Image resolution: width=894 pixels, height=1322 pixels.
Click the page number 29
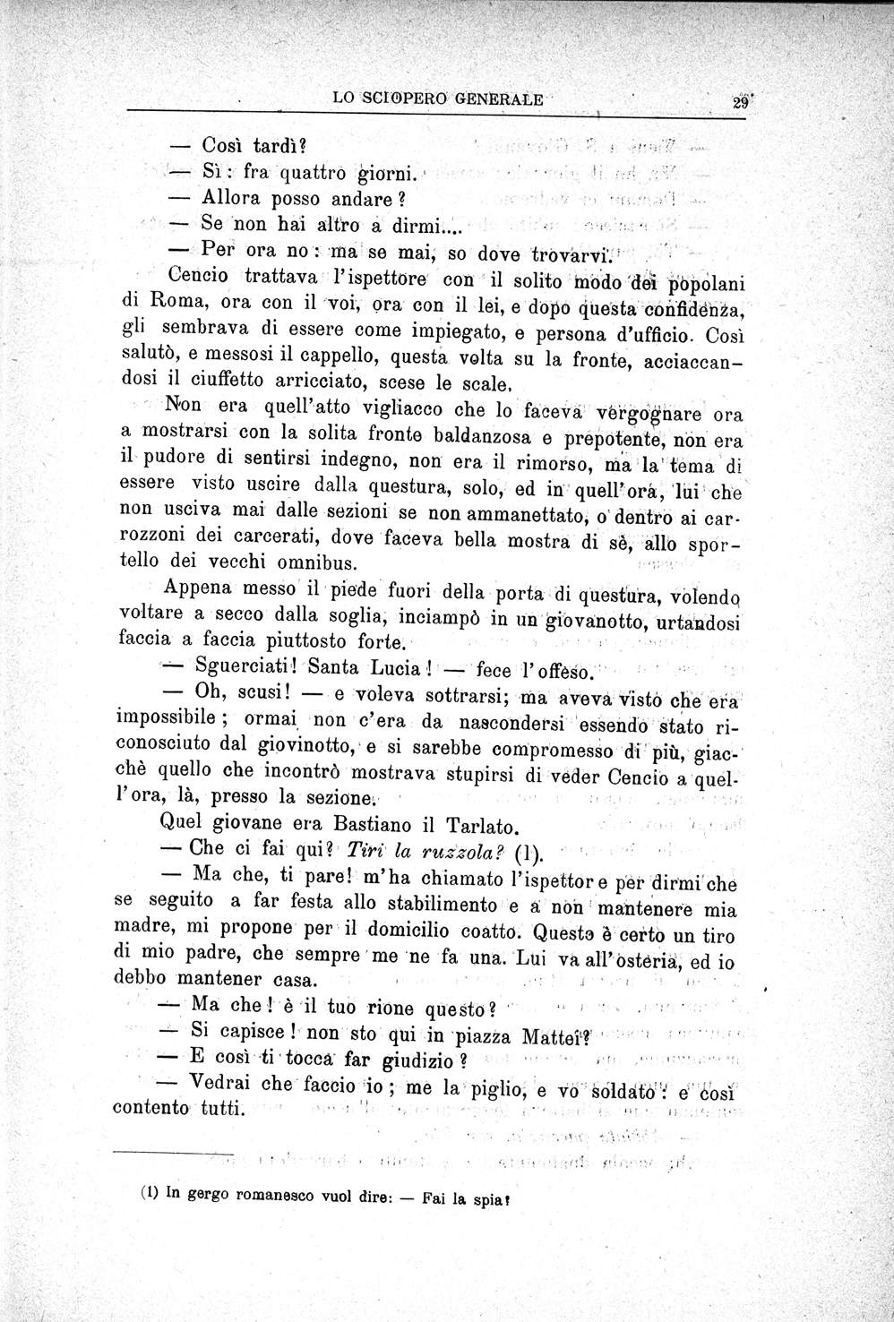point(740,101)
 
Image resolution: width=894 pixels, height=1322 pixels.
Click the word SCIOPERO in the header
point(408,100)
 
